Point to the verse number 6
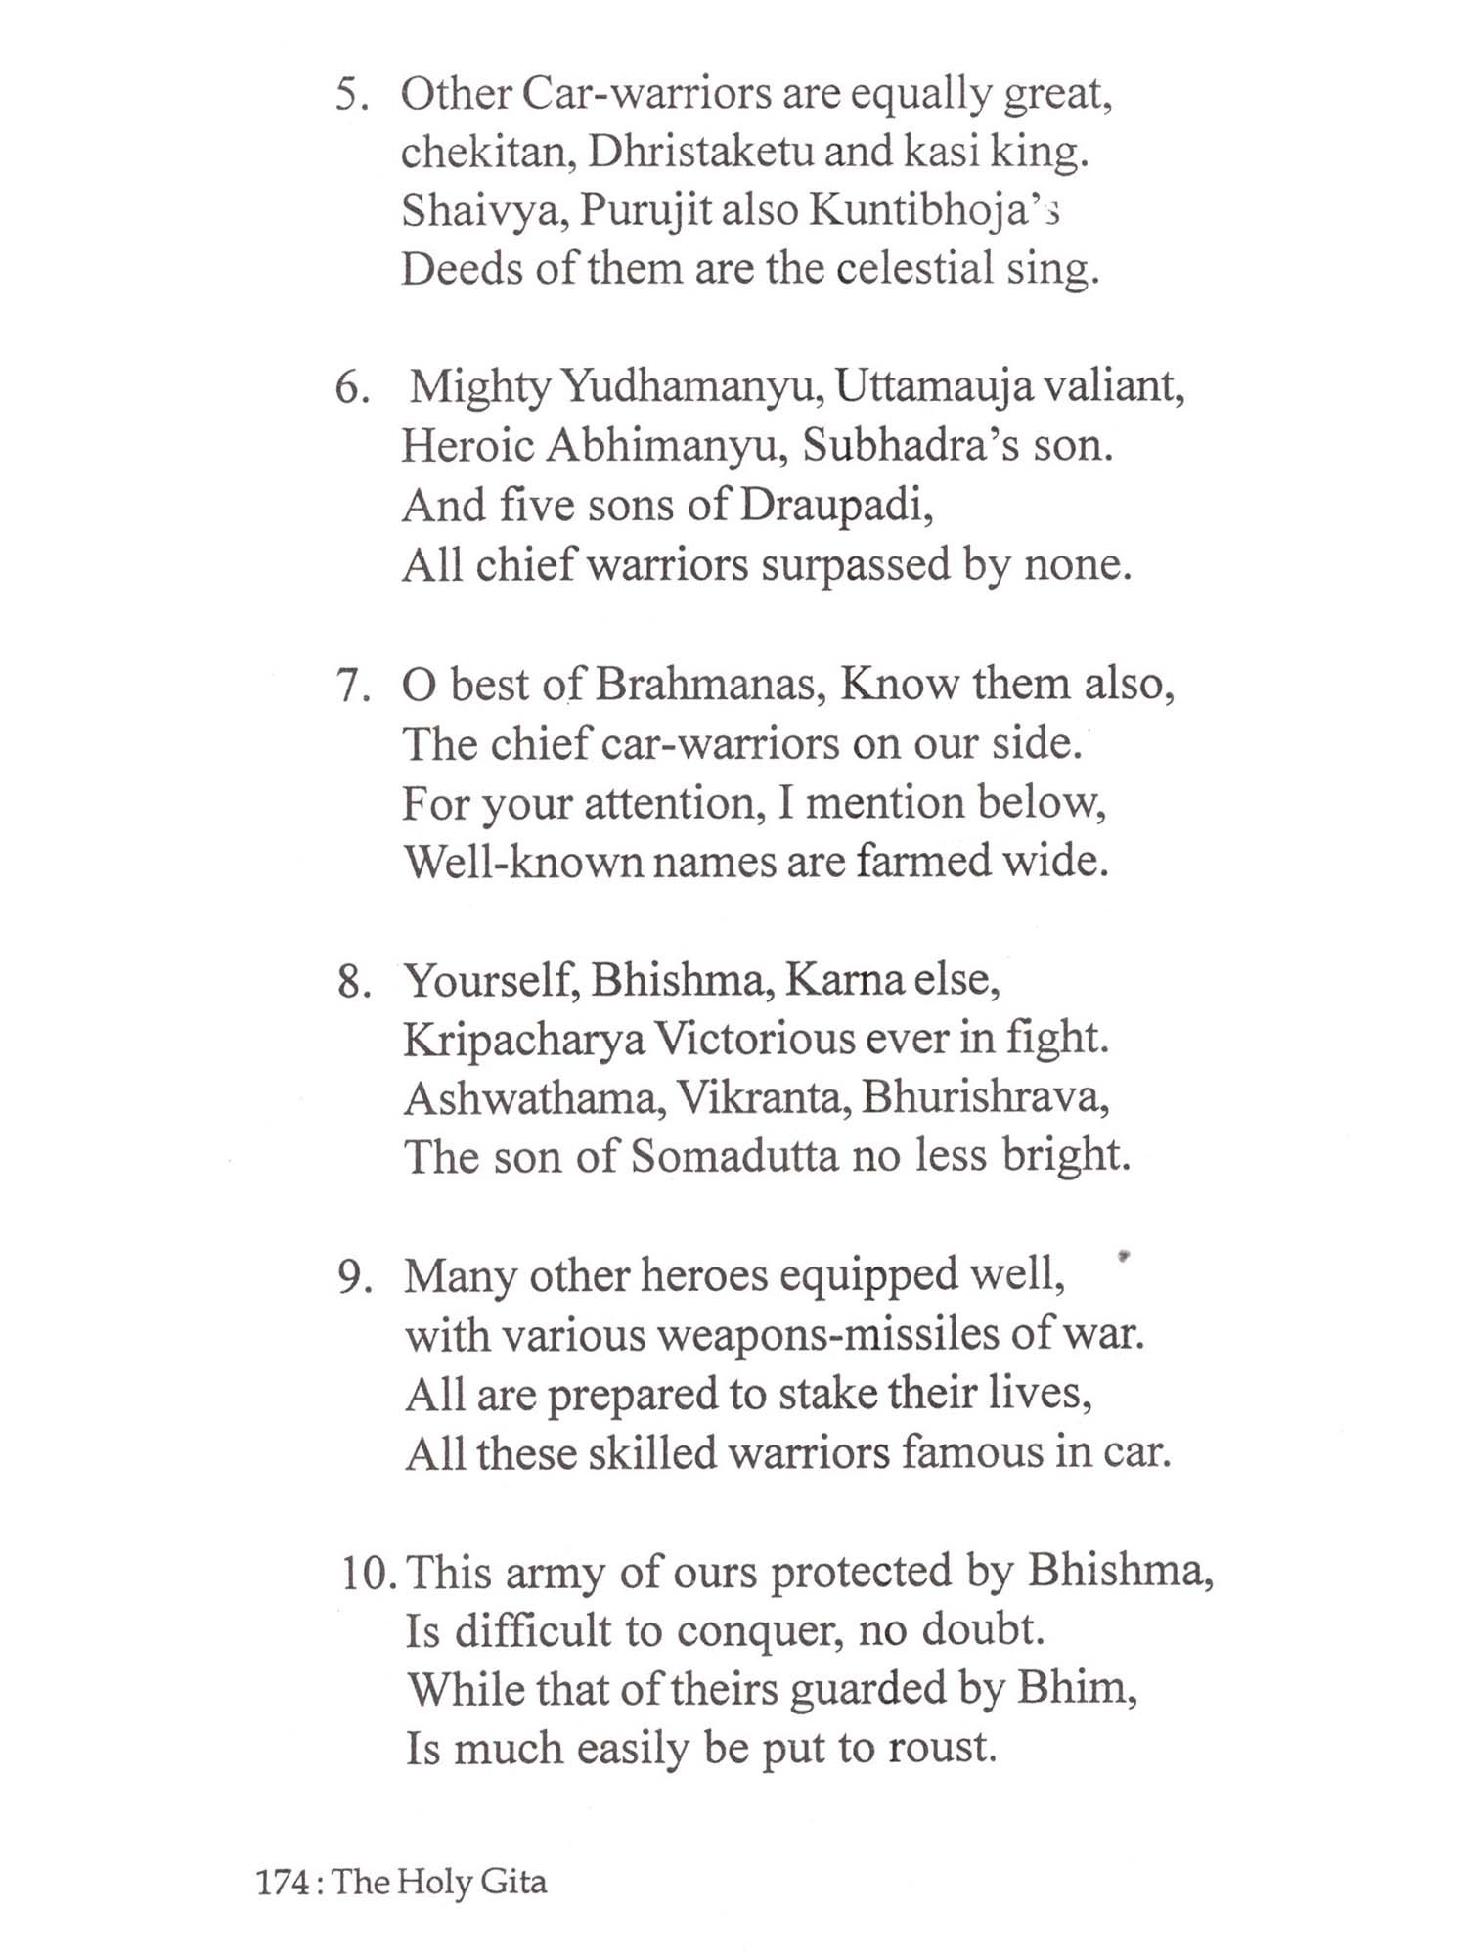tap(351, 389)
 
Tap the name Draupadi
tap(835, 507)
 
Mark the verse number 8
tap(353, 982)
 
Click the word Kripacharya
tap(524, 1040)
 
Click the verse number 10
tap(369, 1574)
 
